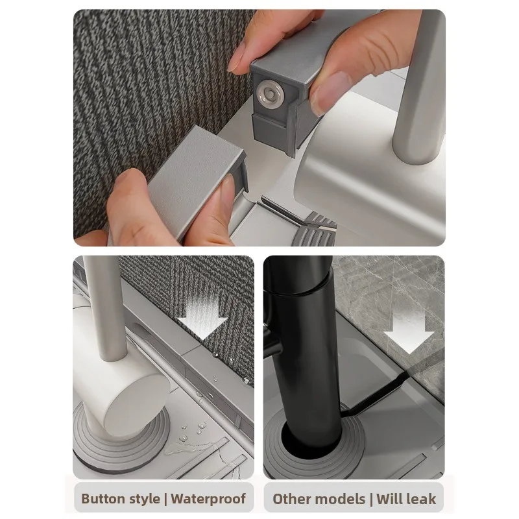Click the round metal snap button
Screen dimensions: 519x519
point(271,94)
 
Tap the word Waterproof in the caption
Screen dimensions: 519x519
point(208,498)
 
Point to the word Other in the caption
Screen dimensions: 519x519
point(292,499)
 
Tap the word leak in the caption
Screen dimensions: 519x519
point(422,499)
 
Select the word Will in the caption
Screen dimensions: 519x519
point(390,499)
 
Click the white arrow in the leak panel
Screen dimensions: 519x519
point(409,333)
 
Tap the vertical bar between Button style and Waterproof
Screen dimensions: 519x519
point(165,499)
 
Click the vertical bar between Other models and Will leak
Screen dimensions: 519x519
point(371,499)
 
